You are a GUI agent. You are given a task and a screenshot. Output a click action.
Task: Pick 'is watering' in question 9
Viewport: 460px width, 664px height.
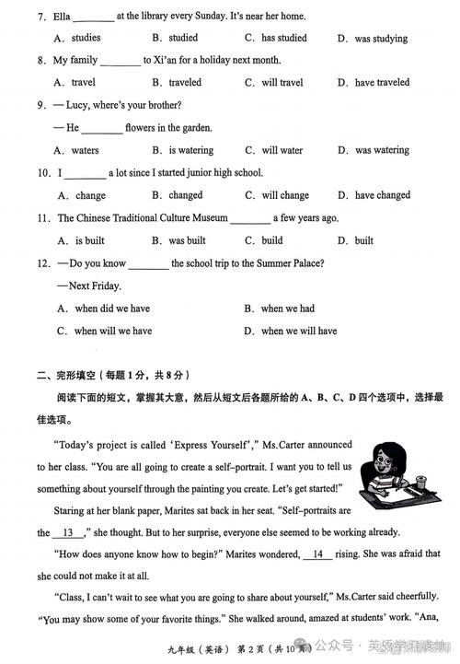coord(190,150)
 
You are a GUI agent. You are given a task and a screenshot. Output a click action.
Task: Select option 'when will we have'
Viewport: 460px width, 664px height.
coord(112,331)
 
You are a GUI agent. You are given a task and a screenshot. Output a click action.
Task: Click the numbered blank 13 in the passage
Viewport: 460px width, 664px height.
coord(67,532)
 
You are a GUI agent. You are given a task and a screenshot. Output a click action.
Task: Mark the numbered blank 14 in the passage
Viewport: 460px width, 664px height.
coord(317,554)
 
